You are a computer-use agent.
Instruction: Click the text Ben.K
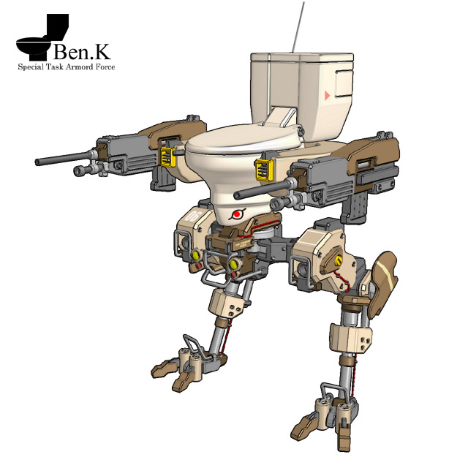coord(82,51)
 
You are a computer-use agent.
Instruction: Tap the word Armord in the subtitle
coord(79,67)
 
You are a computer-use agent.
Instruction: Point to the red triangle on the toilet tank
coord(327,96)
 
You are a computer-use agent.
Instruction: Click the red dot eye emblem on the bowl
coord(237,214)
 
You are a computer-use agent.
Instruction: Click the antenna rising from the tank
coord(298,28)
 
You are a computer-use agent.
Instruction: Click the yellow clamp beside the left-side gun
coord(168,156)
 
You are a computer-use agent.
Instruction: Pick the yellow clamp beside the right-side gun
coord(265,170)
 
